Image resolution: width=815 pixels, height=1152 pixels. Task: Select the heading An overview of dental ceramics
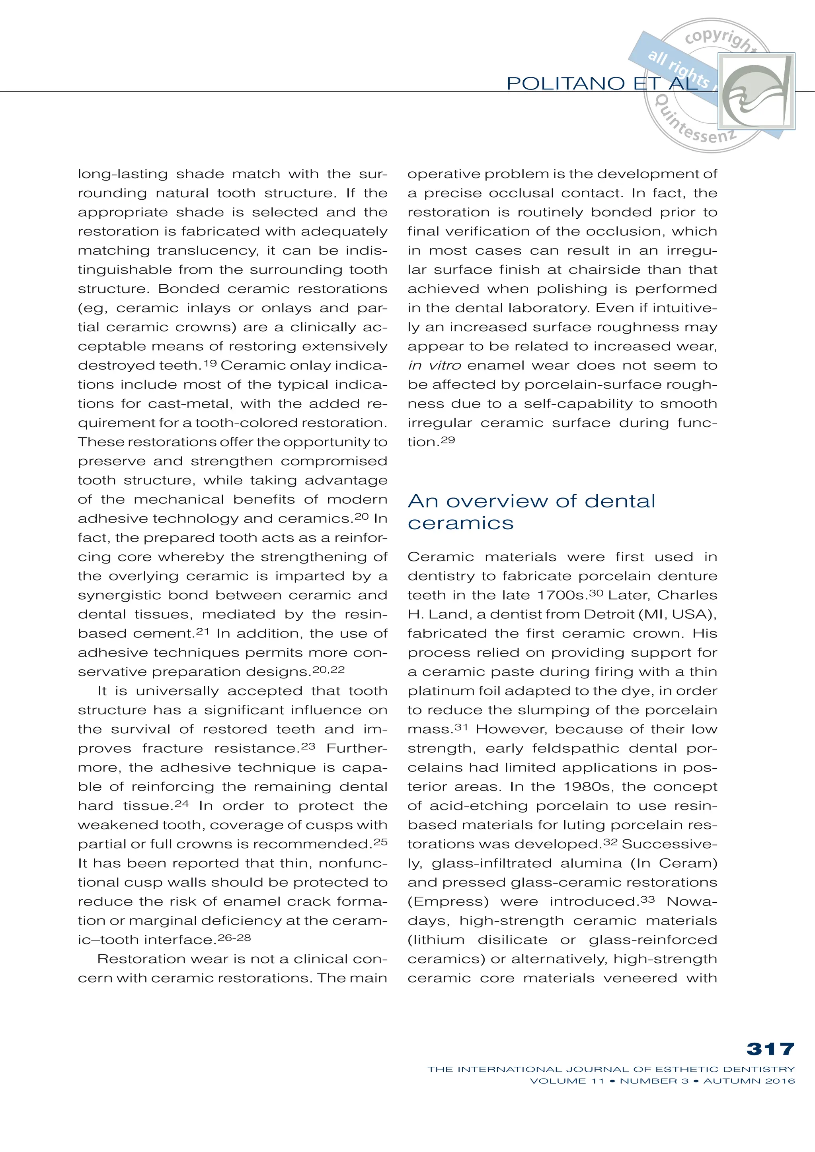[x=531, y=512]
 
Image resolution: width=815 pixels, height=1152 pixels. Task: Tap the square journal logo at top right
[x=756, y=91]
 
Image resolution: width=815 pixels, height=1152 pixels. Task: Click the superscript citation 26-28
[x=234, y=937]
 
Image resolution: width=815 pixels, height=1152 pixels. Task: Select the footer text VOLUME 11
[x=567, y=1081]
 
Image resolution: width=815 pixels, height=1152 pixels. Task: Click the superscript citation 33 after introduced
[x=648, y=899]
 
